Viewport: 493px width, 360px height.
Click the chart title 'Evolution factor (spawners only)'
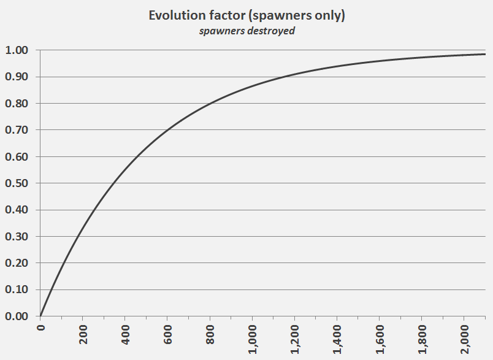click(x=246, y=16)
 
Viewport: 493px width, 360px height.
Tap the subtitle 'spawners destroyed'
click(x=246, y=31)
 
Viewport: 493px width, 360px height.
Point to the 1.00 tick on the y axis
click(x=17, y=50)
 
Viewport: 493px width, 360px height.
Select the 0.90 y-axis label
click(x=17, y=77)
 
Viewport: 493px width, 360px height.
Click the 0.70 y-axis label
click(x=17, y=130)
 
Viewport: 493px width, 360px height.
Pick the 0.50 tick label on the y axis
click(x=17, y=183)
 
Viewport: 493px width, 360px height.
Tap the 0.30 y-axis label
click(x=17, y=237)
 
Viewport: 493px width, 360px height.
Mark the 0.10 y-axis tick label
click(x=17, y=289)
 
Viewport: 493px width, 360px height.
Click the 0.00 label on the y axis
click(x=17, y=316)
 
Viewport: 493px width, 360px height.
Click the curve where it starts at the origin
click(x=40, y=316)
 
